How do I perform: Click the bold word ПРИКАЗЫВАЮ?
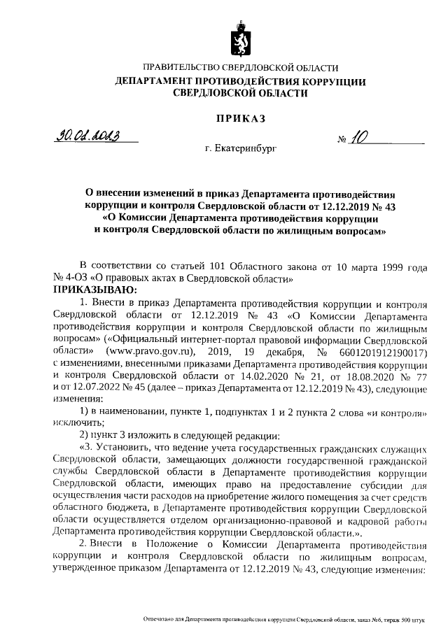point(97,289)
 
